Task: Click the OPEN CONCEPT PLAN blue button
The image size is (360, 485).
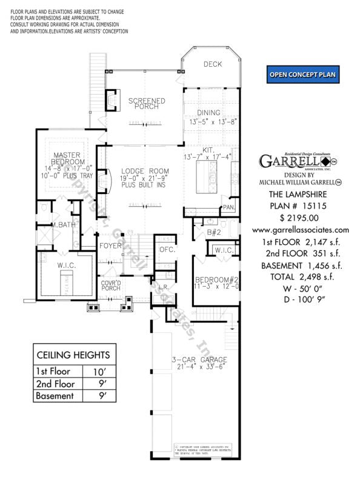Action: pos(302,75)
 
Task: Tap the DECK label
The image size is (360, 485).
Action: pos(213,64)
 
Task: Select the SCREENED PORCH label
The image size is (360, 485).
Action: pos(142,102)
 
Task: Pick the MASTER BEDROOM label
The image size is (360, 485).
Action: pos(68,159)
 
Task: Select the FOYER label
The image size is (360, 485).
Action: pos(111,246)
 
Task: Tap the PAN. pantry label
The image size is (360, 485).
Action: pos(228,207)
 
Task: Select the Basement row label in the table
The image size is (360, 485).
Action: pos(55,396)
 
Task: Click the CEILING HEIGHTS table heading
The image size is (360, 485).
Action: pos(71,355)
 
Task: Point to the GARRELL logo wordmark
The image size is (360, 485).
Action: pos(290,161)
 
